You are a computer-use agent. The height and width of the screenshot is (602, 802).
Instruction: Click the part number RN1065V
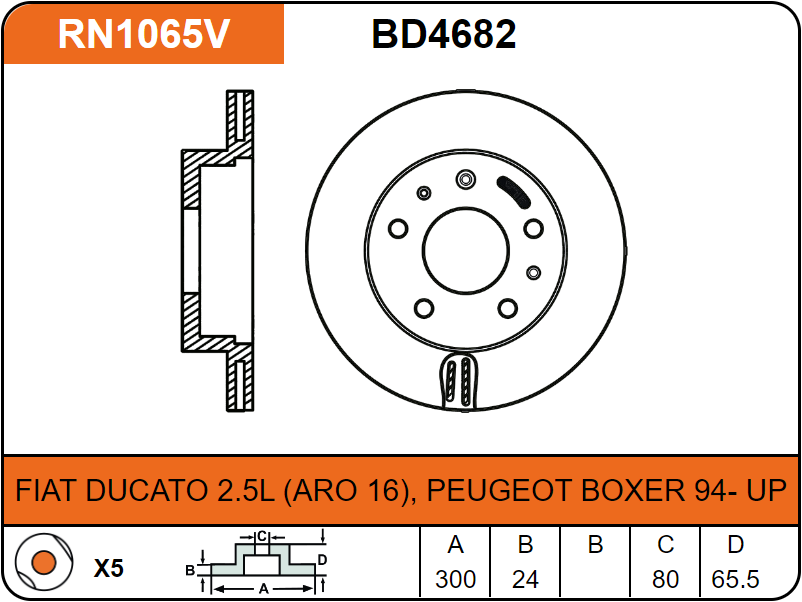(x=144, y=34)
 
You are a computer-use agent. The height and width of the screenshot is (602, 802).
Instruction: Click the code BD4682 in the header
(x=444, y=34)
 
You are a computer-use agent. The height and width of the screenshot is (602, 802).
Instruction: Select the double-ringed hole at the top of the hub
(x=464, y=179)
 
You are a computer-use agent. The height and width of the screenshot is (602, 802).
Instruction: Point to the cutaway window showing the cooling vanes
(x=461, y=381)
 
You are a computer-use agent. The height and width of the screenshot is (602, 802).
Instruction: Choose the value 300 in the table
(x=455, y=579)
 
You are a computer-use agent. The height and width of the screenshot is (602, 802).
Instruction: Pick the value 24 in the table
(x=525, y=579)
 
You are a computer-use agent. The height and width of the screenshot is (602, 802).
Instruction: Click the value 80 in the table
(x=665, y=579)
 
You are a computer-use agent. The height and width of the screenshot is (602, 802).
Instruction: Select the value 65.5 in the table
(x=735, y=579)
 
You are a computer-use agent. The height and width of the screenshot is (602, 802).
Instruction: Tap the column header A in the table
(x=455, y=545)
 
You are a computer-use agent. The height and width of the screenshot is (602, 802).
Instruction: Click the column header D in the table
(x=735, y=545)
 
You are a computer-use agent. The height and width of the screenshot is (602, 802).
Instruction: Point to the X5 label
(x=108, y=568)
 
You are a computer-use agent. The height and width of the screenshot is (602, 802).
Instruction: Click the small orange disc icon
(x=42, y=565)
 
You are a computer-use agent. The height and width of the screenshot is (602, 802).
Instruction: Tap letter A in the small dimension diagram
(x=264, y=589)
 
